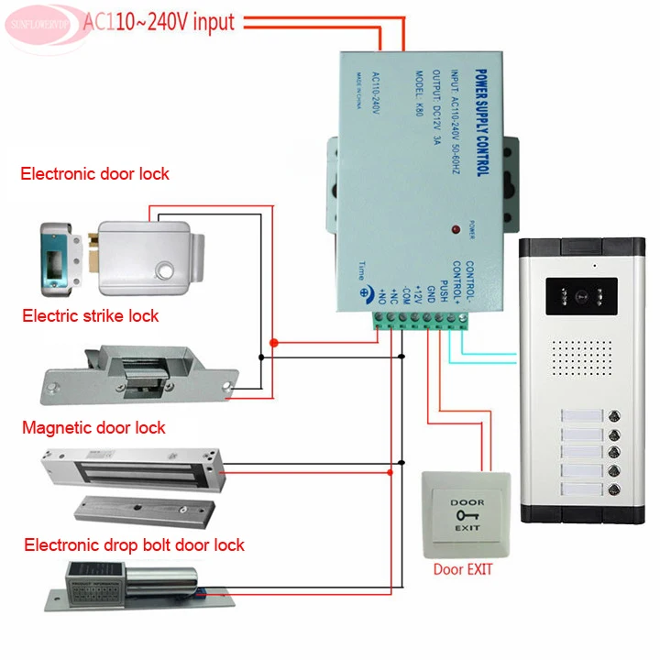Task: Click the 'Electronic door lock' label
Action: point(94,173)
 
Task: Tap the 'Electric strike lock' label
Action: point(90,315)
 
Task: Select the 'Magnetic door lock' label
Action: point(93,427)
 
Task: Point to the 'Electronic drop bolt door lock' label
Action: point(134,544)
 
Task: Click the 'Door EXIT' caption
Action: point(462,569)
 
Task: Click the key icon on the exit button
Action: point(466,515)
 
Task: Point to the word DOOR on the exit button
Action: point(466,501)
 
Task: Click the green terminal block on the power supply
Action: point(423,319)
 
